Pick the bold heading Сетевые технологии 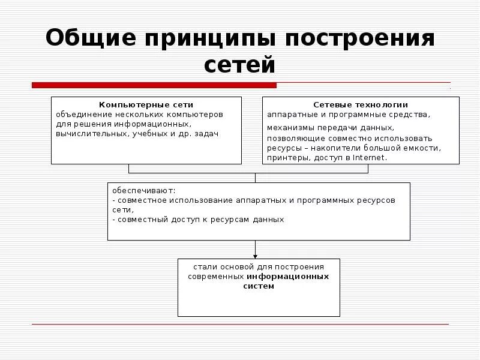click(x=361, y=104)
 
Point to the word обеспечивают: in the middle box click(x=140, y=191)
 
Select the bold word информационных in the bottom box click(x=288, y=277)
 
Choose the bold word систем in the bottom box click(x=259, y=286)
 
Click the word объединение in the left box click(x=80, y=113)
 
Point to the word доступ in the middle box click(x=173, y=220)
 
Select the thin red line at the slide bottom click(x=240, y=325)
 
